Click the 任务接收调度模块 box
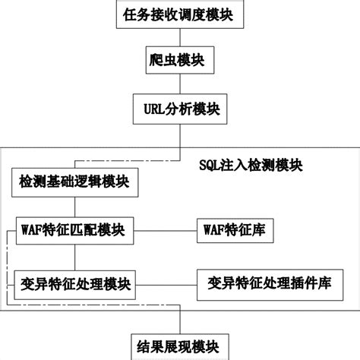point(180,14)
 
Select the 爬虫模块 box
point(180,60)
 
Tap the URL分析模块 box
point(180,109)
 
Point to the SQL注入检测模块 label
point(251,166)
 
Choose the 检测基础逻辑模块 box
point(75,182)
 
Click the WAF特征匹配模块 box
point(75,231)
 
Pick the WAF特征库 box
point(235,231)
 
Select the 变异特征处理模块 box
point(75,285)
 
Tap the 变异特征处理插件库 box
point(270,285)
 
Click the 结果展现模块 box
point(180,347)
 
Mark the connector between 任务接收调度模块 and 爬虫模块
point(180,37)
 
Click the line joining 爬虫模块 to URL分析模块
point(180,84)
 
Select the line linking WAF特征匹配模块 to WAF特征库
point(166,231)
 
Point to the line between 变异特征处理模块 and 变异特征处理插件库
point(166,286)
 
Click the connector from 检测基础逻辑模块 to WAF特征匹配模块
point(75,207)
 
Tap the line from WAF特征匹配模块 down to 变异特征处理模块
point(75,257)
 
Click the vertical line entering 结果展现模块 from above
point(180,320)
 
